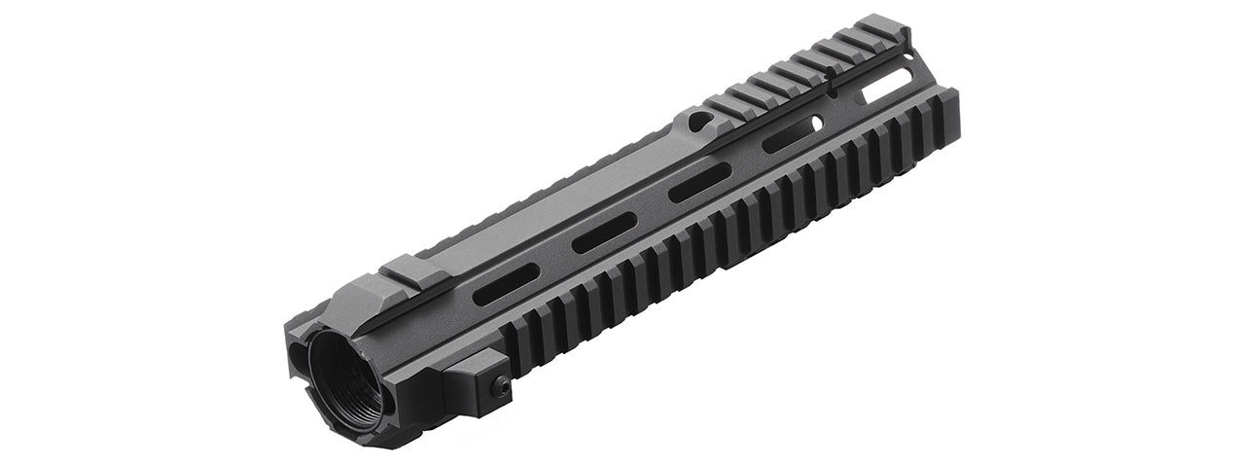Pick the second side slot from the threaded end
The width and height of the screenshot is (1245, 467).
pyautogui.click(x=603, y=231)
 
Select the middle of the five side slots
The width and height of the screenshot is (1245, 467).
pyautogui.click(x=699, y=182)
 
